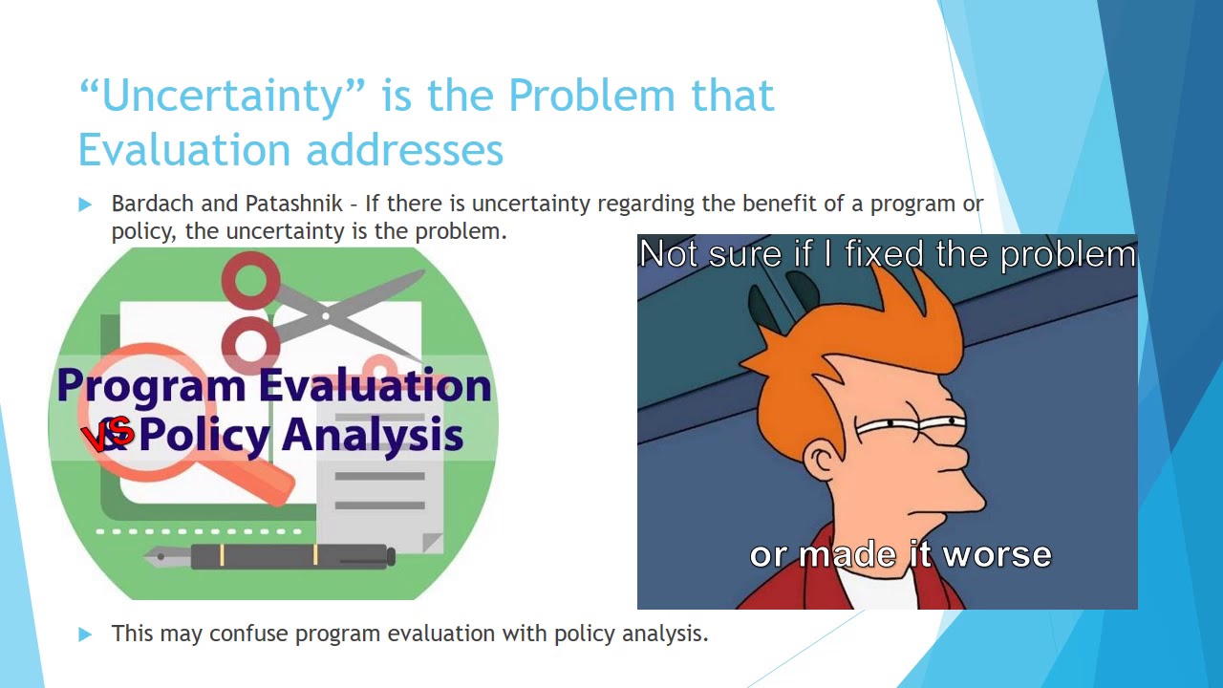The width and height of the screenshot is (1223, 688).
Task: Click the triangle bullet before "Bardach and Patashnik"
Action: pyautogui.click(x=86, y=204)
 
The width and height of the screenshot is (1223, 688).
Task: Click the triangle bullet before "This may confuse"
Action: pyautogui.click(x=86, y=634)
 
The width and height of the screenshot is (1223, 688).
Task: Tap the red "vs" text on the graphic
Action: pyautogui.click(x=107, y=436)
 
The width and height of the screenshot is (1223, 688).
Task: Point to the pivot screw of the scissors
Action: pyautogui.click(x=327, y=315)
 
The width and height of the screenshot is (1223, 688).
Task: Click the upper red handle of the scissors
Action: pyautogui.click(x=251, y=282)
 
